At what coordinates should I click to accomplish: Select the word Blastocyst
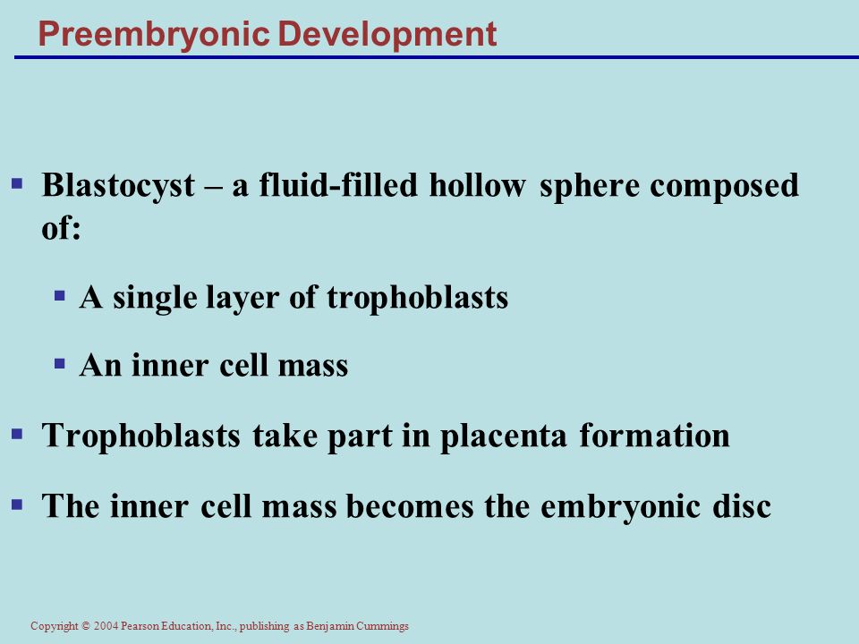[x=118, y=186]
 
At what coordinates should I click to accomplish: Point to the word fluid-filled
[x=338, y=184]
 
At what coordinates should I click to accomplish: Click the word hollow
[x=478, y=184]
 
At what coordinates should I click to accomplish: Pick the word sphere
[x=590, y=186]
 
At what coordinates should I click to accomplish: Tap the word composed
[x=724, y=186]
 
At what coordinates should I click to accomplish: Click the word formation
[x=655, y=436]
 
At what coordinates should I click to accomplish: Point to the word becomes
[x=410, y=504]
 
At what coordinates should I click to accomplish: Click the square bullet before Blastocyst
[x=17, y=183]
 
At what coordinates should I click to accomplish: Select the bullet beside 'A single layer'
[x=60, y=296]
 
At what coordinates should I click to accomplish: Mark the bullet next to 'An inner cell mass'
[x=60, y=364]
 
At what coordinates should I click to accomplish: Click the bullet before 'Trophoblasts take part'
[x=17, y=435]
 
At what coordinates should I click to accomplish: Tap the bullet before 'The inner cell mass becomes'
[x=17, y=504]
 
